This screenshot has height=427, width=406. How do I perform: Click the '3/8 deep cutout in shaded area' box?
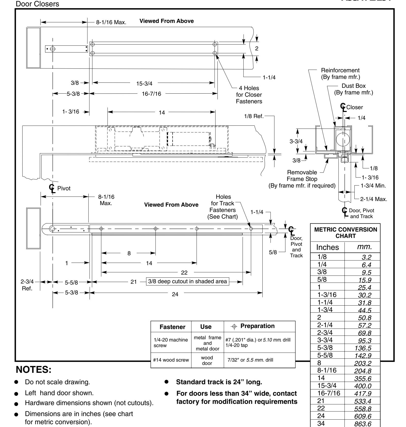[188, 282]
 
